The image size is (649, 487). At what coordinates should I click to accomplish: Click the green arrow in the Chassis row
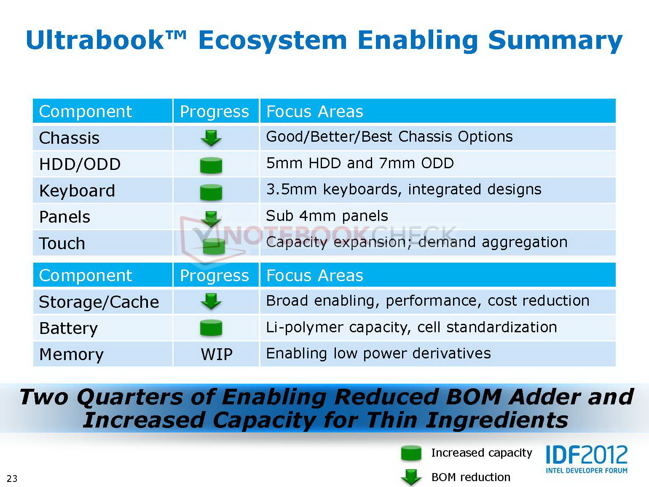coord(211,138)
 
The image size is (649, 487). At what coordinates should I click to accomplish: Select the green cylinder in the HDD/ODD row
coord(211,165)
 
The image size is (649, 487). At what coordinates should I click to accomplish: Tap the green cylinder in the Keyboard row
coord(211,192)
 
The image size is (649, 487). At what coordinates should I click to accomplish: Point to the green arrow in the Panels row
coord(211,219)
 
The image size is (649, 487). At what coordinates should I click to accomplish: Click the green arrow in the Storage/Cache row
coord(211,301)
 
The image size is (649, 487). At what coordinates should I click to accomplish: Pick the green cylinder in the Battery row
coord(211,328)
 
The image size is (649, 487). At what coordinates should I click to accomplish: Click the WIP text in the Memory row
coord(217,354)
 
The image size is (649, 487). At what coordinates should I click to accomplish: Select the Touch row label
coord(62,243)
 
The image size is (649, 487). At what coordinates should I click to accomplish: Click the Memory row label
coord(72,355)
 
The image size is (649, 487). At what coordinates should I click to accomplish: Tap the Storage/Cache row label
coord(99,302)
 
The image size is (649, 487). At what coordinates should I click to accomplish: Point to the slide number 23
coord(12,478)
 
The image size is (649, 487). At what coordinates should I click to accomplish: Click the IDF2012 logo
coord(587,460)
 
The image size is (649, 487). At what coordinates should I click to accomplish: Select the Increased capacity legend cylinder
coord(411,453)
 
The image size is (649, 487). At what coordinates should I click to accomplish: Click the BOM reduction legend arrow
coord(411,477)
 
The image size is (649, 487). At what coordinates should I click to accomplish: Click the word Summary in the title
coord(555,41)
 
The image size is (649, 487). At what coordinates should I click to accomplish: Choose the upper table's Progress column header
coord(215,111)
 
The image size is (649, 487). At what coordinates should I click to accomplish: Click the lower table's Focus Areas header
coord(315,276)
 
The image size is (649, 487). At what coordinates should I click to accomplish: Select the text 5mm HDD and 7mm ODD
coord(360,163)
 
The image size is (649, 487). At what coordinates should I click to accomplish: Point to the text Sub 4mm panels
coord(327,216)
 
